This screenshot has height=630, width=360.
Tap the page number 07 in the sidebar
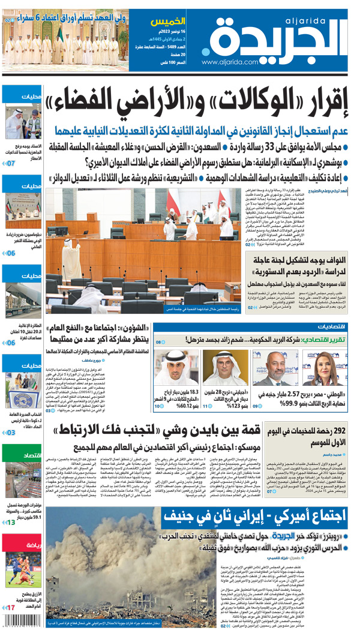[x=10, y=163]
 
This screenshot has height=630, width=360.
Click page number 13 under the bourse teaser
[x=10, y=523]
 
